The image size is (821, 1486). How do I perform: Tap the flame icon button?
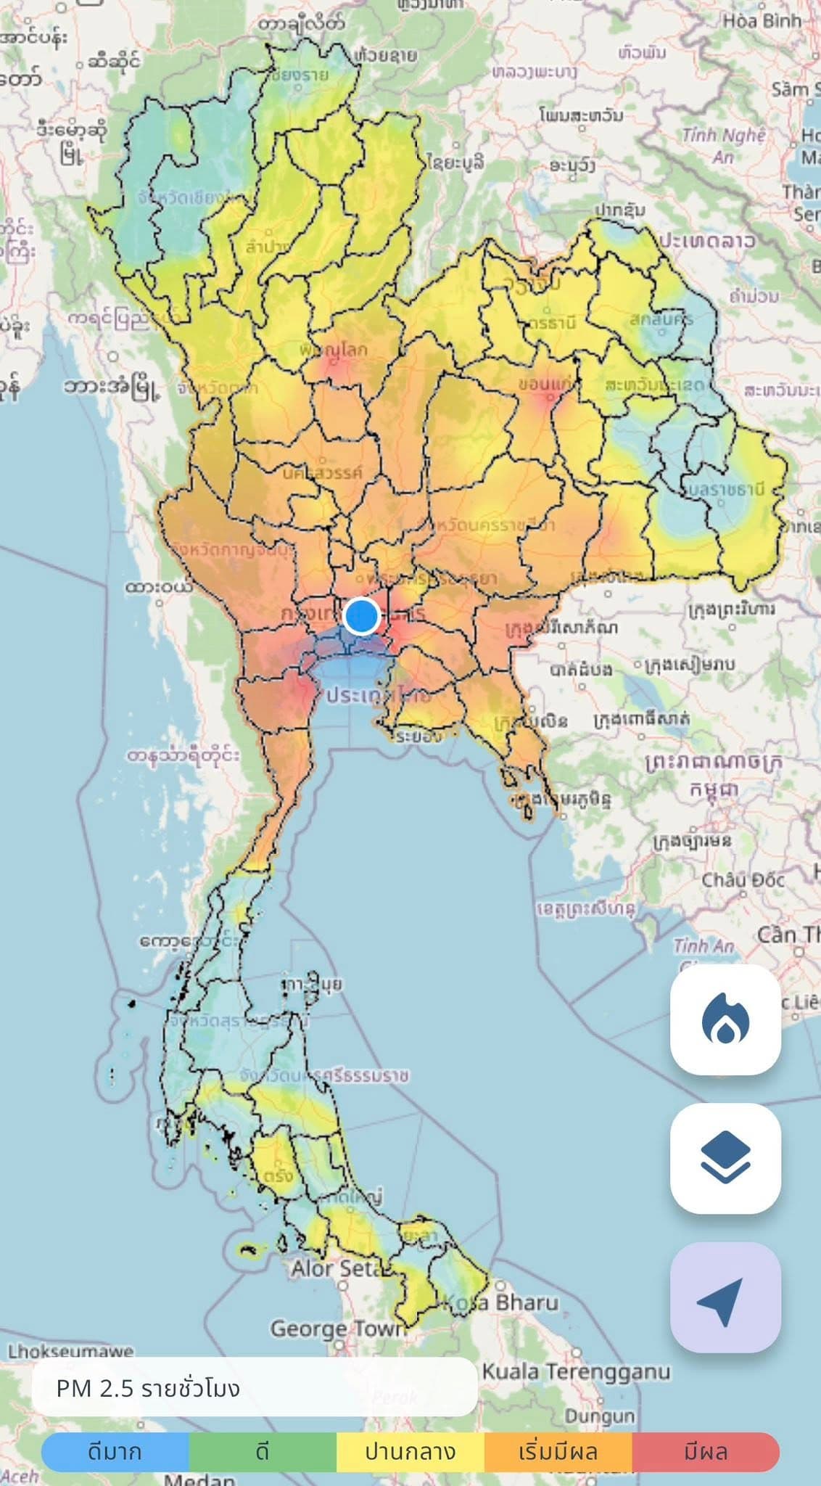coord(725,1019)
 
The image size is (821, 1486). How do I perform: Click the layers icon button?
coord(725,1158)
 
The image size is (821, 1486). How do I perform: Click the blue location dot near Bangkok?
coord(361,616)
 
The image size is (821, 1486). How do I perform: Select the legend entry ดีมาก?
coord(115,1452)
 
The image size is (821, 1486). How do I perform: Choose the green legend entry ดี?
coord(263,1452)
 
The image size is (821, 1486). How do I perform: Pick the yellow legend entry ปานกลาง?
coord(410,1452)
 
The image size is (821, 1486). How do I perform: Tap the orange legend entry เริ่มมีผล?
coord(558,1452)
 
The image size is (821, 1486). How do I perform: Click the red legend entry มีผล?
coord(706,1452)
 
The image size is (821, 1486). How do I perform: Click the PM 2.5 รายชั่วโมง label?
coord(148,1389)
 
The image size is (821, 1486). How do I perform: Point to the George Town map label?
coord(338,1329)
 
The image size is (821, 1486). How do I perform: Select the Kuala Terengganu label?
coord(576,1371)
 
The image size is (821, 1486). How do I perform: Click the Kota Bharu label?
coord(500,1302)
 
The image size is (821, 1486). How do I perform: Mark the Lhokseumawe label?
coord(71,1351)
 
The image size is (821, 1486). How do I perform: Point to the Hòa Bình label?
coord(762,20)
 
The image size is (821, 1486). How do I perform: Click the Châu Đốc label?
coord(743,881)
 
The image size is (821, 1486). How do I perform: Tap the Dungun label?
coord(600,1416)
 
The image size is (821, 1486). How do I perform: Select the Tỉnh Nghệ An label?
coord(724,145)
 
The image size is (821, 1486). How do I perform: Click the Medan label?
coord(199,1479)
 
